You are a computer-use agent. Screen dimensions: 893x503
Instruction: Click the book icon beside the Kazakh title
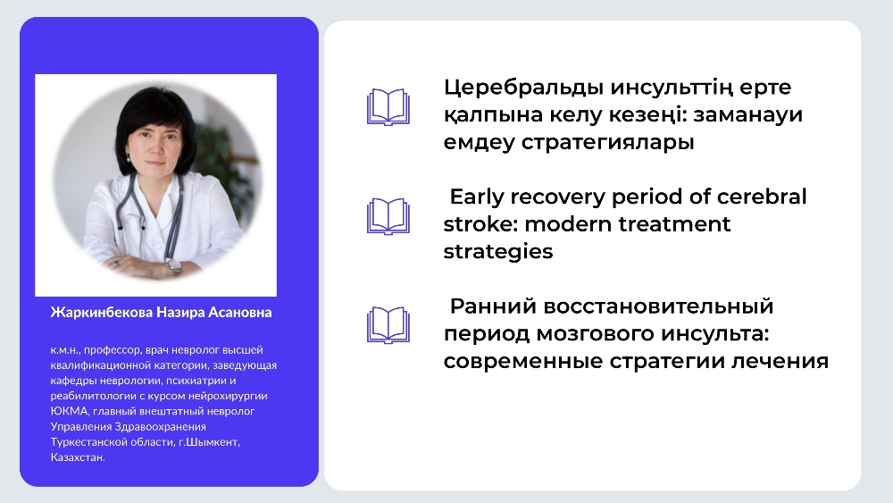tap(388, 106)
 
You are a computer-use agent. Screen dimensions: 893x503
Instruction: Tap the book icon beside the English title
tap(388, 216)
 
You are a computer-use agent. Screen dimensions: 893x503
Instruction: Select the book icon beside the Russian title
tap(388, 325)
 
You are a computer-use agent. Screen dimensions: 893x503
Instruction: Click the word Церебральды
tap(523, 88)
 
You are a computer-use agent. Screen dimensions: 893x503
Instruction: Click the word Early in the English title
tap(476, 197)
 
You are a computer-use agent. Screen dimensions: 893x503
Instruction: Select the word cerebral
tap(762, 197)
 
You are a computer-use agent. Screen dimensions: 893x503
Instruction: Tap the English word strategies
tap(498, 252)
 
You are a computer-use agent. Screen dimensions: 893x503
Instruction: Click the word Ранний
tap(493, 306)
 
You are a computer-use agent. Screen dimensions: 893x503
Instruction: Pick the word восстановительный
tap(658, 306)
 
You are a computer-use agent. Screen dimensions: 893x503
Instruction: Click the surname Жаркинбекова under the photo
tap(102, 313)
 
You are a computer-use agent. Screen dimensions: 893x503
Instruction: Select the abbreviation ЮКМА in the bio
tap(69, 411)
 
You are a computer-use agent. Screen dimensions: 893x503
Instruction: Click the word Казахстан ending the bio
tap(78, 457)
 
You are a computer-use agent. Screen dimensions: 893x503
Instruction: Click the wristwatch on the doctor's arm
tap(173, 264)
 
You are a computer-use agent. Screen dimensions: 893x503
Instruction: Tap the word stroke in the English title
tap(480, 224)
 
